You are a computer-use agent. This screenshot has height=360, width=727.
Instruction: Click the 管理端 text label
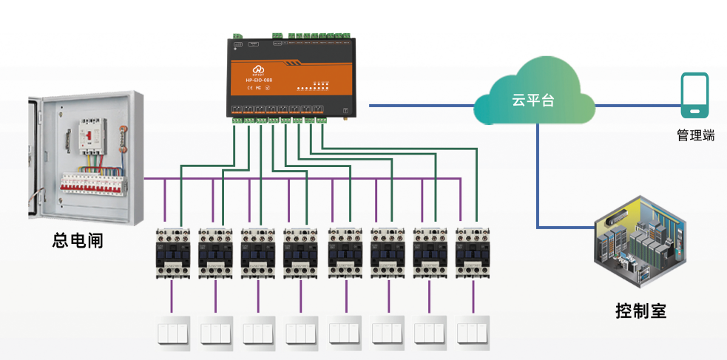click(695, 135)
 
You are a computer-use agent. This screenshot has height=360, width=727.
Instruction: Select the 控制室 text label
click(640, 310)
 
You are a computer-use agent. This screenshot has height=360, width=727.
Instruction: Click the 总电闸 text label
click(77, 240)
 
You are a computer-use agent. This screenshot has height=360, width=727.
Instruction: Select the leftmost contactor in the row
click(172, 252)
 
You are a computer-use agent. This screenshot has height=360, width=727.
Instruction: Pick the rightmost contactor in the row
click(473, 252)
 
